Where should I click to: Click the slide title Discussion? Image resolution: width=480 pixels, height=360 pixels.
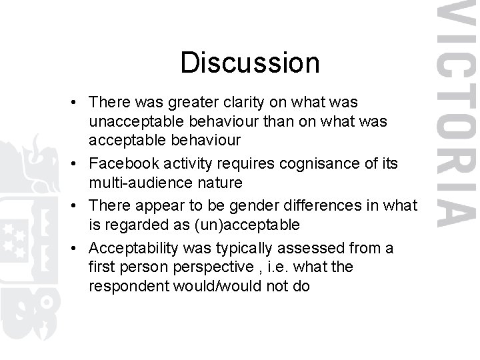pos(250,63)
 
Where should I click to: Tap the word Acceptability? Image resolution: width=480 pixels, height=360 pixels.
pos(134,248)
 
